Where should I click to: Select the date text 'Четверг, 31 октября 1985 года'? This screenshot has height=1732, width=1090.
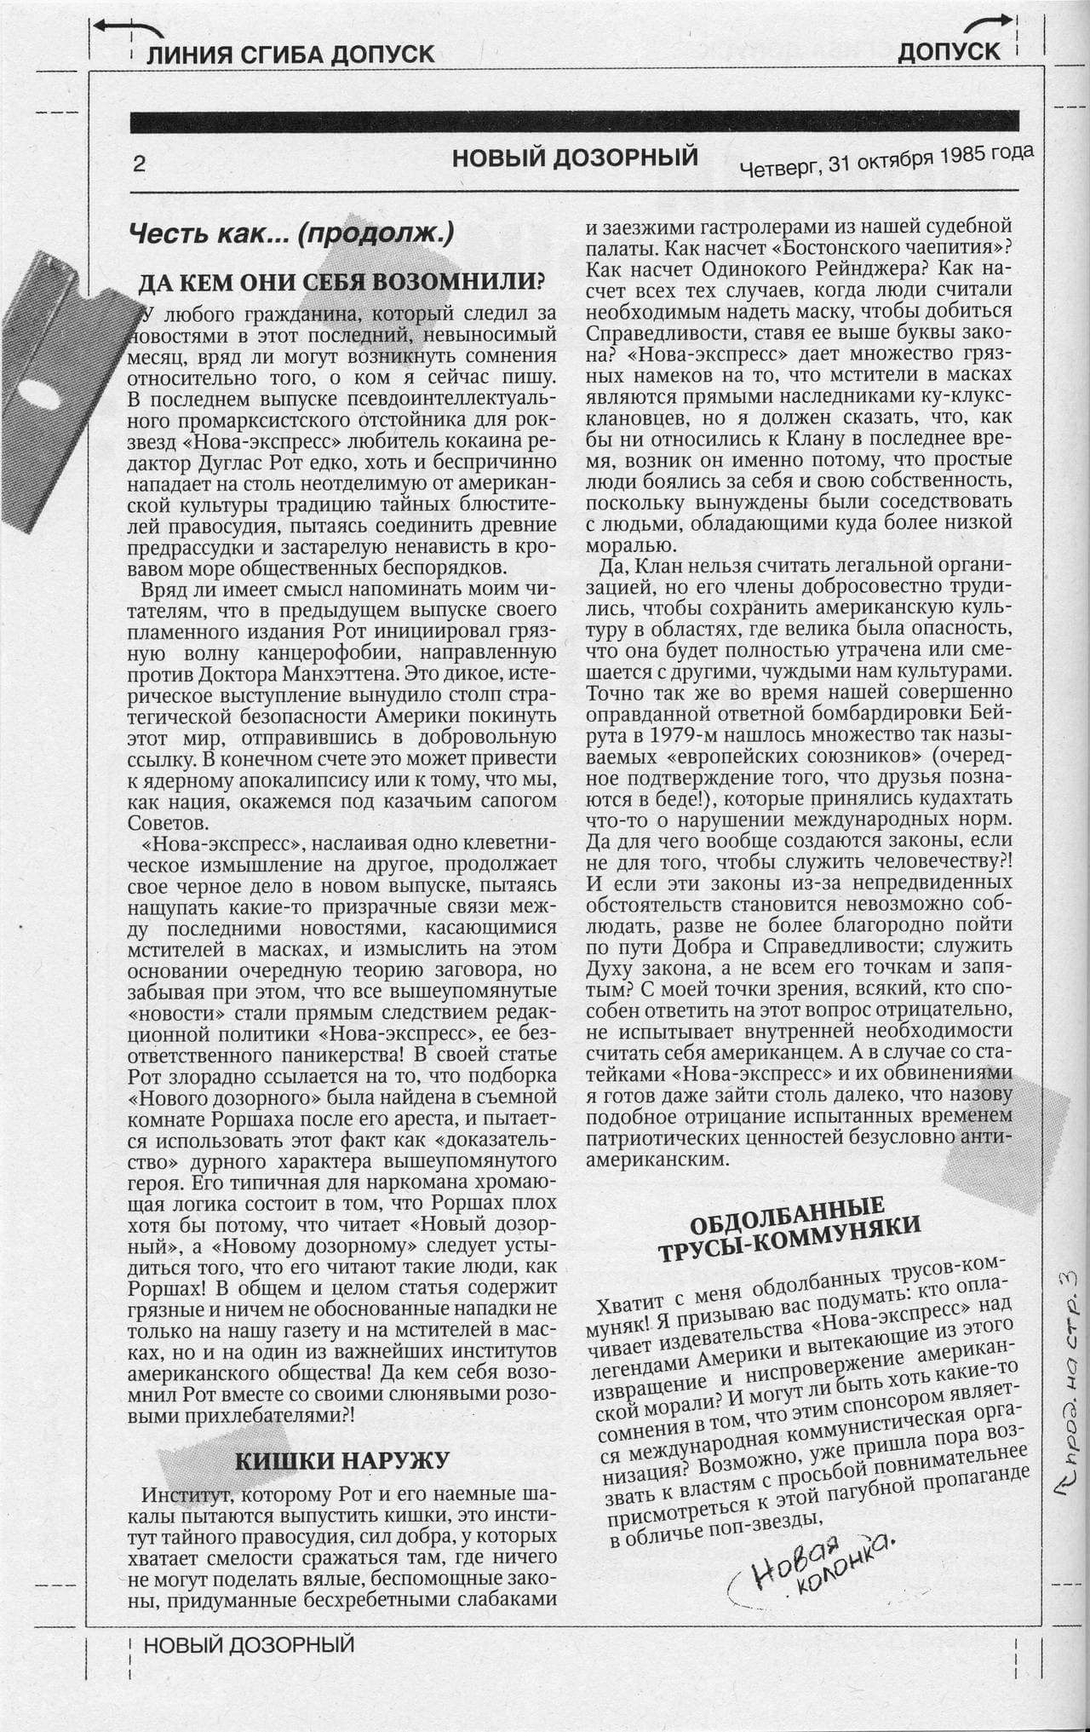pos(886,161)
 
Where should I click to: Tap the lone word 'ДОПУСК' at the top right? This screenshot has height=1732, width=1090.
pos(949,52)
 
